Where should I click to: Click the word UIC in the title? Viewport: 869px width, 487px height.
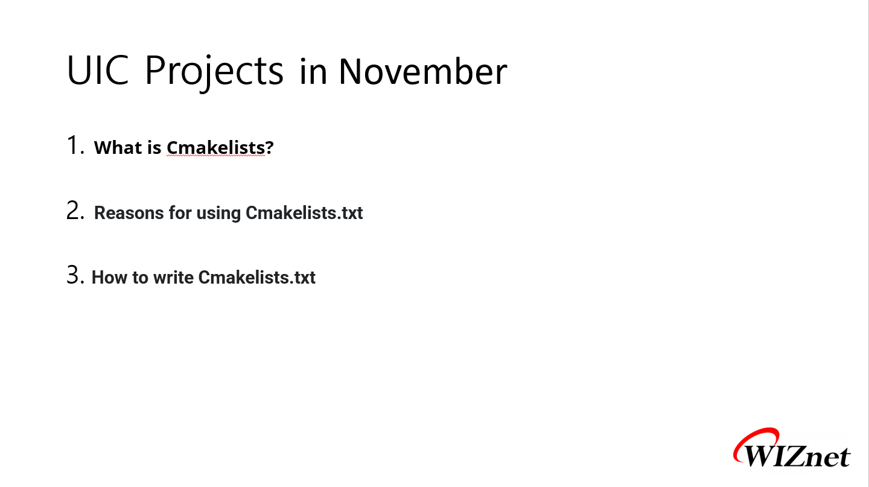(98, 70)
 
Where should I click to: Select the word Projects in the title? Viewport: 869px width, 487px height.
(214, 72)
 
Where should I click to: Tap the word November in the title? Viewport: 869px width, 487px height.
(423, 71)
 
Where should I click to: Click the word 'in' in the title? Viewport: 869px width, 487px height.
(313, 72)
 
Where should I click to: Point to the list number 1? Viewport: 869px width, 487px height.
(75, 145)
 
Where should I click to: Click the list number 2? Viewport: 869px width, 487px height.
(75, 211)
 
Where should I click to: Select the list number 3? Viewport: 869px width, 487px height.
(75, 275)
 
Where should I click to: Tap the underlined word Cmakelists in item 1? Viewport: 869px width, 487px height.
(215, 147)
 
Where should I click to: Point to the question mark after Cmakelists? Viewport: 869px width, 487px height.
(270, 147)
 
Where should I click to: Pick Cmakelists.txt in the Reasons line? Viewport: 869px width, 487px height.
(304, 212)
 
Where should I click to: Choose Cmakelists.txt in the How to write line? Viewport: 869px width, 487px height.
(257, 278)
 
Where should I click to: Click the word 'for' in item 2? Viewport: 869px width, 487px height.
(180, 212)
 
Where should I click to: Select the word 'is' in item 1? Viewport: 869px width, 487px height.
(154, 147)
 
